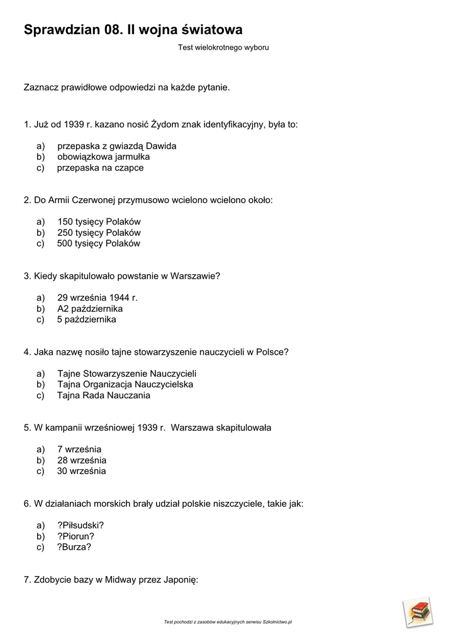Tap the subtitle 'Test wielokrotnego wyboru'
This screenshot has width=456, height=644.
(223, 48)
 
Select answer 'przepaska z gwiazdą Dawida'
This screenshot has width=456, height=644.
(116, 146)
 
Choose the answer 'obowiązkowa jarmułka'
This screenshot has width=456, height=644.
(103, 157)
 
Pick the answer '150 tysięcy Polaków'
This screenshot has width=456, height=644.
(99, 222)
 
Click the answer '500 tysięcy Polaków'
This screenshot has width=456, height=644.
(99, 244)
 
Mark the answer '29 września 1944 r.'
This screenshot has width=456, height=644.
(97, 297)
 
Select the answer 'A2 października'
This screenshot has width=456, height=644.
(90, 309)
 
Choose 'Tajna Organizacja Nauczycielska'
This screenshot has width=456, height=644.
(125, 384)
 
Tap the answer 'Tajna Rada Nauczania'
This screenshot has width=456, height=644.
(104, 396)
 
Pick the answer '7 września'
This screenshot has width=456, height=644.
(79, 450)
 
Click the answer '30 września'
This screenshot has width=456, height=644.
(82, 471)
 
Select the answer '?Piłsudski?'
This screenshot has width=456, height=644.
(81, 525)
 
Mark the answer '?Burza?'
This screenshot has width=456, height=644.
(74, 547)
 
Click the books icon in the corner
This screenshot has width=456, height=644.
(418, 612)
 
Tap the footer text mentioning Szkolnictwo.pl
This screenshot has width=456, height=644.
(228, 622)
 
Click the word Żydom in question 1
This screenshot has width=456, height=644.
(165, 125)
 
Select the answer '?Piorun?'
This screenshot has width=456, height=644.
(75, 536)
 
